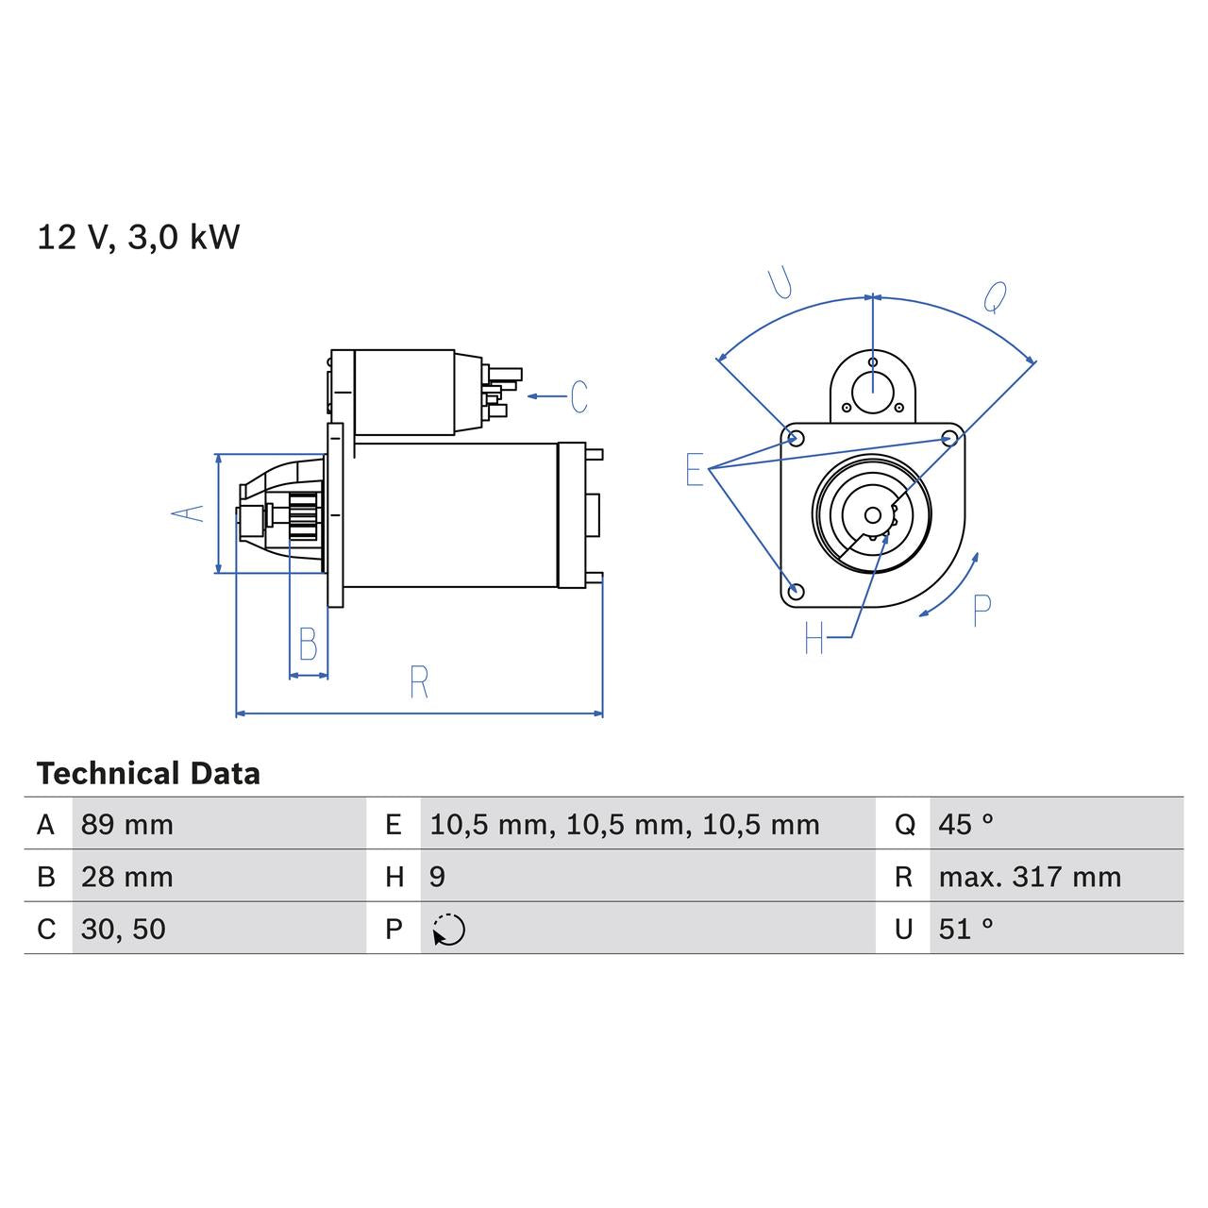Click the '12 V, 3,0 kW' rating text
coord(139,237)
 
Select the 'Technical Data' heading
coord(148,774)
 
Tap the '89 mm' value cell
coord(127,825)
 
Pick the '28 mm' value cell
coord(127,877)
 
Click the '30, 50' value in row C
coord(124,929)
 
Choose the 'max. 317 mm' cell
coord(1030,877)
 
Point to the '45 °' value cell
coord(965,825)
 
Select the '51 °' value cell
coord(965,929)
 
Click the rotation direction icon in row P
coord(449,930)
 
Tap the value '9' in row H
coord(437,877)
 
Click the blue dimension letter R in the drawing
coord(419,681)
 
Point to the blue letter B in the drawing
coord(308,645)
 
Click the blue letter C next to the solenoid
coord(579,396)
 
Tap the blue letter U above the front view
coord(780,282)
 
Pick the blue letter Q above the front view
coord(995,297)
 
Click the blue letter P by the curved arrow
coord(981,611)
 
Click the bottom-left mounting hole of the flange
coord(796,592)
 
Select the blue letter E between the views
coord(695,469)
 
